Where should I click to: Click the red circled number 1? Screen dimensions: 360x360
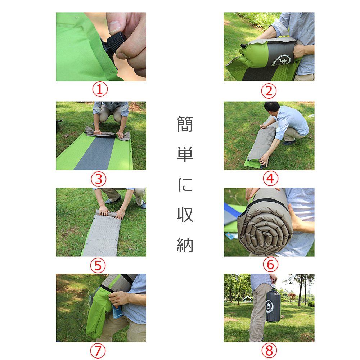tap(100, 89)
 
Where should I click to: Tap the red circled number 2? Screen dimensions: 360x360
tap(269, 91)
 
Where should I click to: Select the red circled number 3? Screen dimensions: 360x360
tap(99, 179)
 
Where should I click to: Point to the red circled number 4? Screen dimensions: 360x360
tap(270, 179)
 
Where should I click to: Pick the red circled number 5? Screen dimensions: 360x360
tap(98, 266)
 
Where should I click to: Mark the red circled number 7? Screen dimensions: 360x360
tap(98, 351)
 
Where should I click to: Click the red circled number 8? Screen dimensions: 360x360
tap(269, 351)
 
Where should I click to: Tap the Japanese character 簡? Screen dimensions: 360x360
tap(185, 124)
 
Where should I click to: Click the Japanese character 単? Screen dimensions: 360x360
tap(185, 154)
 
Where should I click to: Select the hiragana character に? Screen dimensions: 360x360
tap(185, 184)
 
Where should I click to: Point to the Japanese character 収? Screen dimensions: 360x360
tap(185, 215)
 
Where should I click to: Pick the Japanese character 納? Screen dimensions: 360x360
tap(185, 245)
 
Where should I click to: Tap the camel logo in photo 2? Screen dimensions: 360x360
tap(282, 60)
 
